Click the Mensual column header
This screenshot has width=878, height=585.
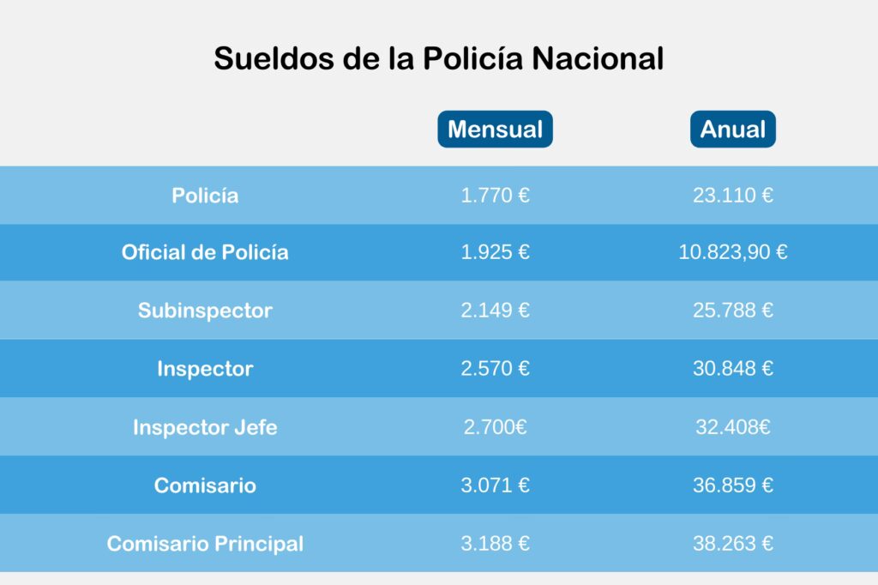click(495, 130)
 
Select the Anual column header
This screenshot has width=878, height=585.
click(732, 130)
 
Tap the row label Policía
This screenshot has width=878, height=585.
click(205, 196)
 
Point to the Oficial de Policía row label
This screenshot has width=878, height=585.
click(205, 252)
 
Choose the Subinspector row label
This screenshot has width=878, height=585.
click(205, 311)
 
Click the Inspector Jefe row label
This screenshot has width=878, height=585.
click(205, 427)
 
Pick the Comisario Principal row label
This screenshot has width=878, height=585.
click(205, 544)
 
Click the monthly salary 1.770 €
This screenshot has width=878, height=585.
click(495, 196)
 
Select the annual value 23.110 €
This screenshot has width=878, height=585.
click(732, 196)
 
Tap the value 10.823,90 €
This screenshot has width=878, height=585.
click(732, 252)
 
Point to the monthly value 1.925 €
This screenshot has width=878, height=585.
click(495, 252)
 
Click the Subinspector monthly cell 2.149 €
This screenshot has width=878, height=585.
click(495, 311)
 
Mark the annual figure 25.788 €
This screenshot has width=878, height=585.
click(732, 311)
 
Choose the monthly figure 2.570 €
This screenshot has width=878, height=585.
click(495, 369)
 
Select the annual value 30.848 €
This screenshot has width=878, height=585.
click(732, 369)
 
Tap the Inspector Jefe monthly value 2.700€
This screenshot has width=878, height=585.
click(495, 427)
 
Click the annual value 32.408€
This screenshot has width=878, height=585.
click(732, 427)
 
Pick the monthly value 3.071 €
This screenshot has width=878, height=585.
click(495, 485)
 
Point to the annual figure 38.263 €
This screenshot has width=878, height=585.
click(732, 544)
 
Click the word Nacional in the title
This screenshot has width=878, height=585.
click(598, 58)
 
